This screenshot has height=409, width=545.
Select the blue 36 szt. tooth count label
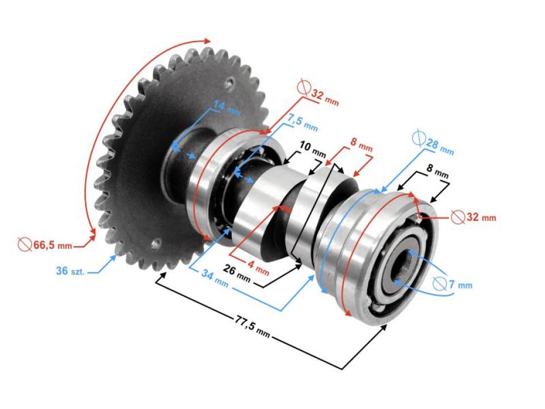click(70, 272)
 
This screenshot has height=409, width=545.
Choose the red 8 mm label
click(361, 145)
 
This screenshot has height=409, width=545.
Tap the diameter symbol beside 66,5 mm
click(24, 244)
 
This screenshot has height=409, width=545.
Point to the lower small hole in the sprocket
click(156, 243)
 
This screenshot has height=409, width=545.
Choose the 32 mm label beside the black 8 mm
click(480, 218)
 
